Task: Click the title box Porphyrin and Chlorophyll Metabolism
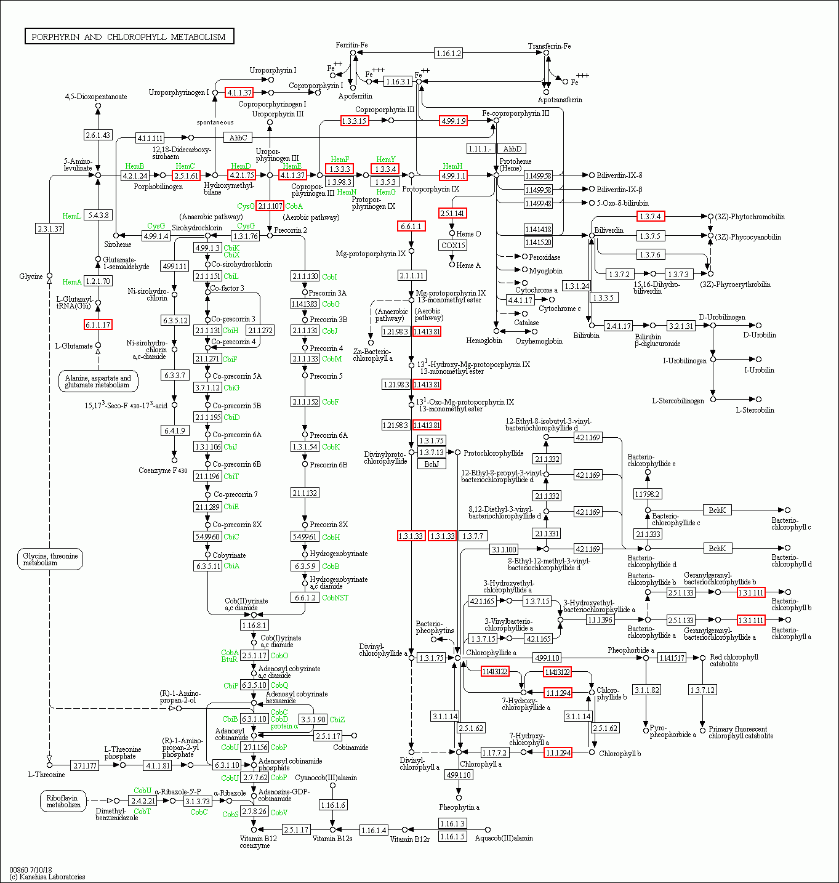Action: [129, 37]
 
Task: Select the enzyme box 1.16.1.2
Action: [448, 54]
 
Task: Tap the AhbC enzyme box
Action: [238, 137]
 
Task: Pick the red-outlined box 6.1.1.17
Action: [98, 325]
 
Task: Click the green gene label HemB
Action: [135, 166]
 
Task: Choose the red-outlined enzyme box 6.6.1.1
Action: [411, 227]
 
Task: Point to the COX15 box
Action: [453, 245]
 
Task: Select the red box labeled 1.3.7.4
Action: [650, 217]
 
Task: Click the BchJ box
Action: [432, 464]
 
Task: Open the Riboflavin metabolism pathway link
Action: [63, 801]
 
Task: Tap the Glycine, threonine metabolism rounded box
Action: [50, 559]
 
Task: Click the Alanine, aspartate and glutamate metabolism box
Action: [98, 382]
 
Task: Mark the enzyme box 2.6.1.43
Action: [98, 135]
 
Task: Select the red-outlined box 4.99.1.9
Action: [453, 121]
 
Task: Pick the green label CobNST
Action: [335, 597]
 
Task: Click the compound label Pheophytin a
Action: [459, 807]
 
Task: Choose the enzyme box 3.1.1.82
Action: [646, 690]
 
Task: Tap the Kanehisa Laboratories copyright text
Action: [47, 876]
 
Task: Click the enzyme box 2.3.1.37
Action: [50, 228]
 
